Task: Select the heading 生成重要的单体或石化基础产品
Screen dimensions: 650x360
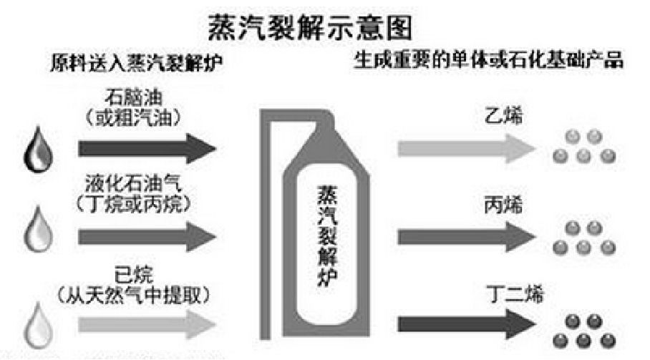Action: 490,60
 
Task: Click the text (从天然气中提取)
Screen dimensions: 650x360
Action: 142,294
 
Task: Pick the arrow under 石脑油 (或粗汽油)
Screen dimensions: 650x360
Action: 147,148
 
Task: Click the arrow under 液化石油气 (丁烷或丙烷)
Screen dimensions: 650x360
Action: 147,237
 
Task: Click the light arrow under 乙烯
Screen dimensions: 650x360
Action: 465,148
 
